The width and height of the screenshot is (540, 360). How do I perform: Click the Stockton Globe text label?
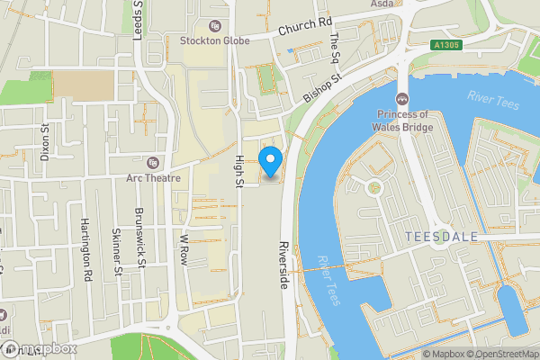(x=213, y=40)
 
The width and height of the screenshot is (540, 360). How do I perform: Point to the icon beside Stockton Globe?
(x=213, y=25)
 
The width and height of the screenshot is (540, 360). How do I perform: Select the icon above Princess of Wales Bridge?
(x=402, y=99)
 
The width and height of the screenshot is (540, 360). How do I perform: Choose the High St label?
(x=239, y=170)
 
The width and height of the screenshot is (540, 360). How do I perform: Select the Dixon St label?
(x=45, y=140)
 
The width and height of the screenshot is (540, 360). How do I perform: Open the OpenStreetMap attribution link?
(x=502, y=354)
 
